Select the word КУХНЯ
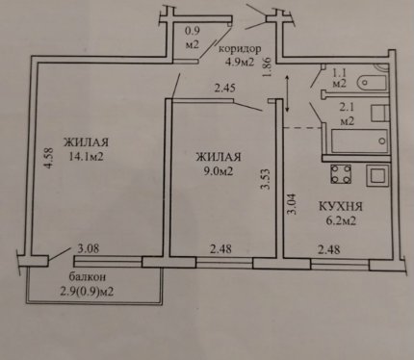[x=341, y=206]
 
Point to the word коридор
[x=240, y=49]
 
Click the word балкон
[x=88, y=276]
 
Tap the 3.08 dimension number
[x=89, y=248]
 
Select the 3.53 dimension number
[x=266, y=179]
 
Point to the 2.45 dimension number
[x=225, y=88]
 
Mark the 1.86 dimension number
[x=268, y=66]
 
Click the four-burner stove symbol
[x=341, y=174]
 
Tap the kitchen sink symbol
[x=378, y=175]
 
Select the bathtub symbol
[x=359, y=141]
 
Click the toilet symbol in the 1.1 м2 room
[x=373, y=82]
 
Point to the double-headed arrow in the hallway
[x=287, y=93]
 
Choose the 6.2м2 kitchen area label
[x=340, y=220]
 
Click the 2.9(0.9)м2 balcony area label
[x=87, y=293]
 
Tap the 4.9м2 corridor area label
[x=239, y=62]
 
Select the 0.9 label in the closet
[x=193, y=31]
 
